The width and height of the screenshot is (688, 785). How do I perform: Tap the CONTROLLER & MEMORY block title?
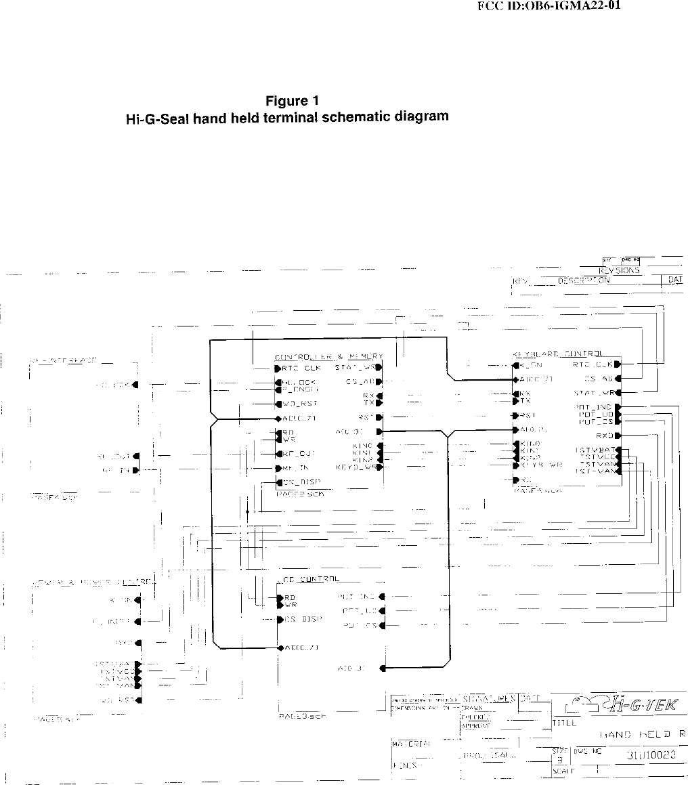coord(328,356)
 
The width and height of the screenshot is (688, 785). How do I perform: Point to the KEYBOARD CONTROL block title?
coord(558,354)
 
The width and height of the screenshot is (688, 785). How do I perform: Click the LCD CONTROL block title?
coord(308,579)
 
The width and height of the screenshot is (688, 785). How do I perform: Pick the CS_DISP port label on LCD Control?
coord(303,619)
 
